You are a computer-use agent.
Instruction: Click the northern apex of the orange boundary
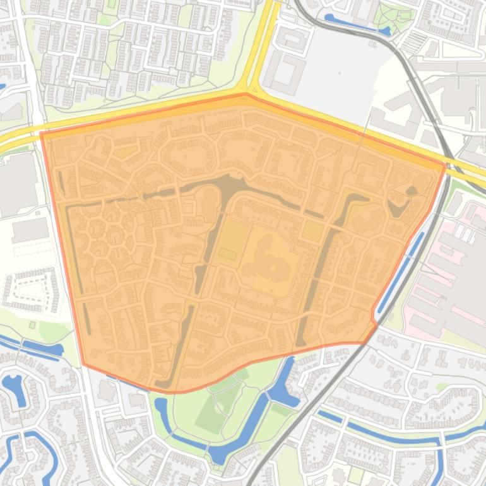point(246,94)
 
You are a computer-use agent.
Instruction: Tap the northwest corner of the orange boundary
point(42,133)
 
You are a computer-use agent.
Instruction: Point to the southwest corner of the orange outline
point(83,364)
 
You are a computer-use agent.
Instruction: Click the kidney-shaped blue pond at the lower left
point(14,388)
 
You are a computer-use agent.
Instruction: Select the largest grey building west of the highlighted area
point(16,183)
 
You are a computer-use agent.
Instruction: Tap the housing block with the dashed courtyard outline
point(32,290)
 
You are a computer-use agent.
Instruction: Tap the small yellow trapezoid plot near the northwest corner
point(124,151)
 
